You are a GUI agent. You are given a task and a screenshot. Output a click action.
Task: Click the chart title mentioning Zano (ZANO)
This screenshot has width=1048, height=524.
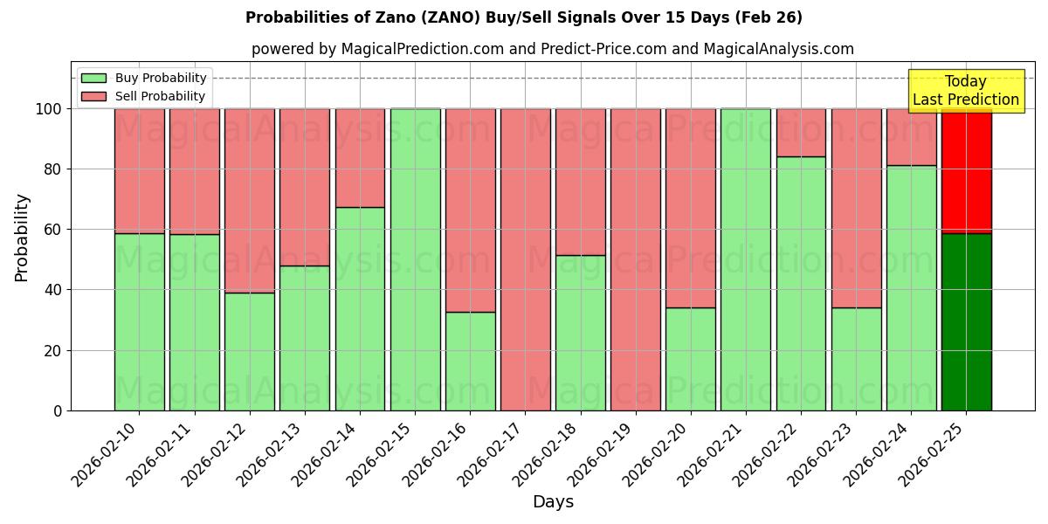tap(523, 17)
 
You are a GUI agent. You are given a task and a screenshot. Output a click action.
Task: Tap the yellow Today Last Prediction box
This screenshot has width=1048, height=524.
tap(965, 91)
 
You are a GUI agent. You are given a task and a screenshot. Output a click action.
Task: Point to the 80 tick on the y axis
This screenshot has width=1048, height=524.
tap(52, 169)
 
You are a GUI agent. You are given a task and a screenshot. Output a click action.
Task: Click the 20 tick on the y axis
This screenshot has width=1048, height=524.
tap(52, 351)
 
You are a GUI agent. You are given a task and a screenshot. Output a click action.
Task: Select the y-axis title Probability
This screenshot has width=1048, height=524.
tap(22, 238)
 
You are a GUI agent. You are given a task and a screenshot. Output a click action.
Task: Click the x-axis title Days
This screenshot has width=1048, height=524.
tap(553, 502)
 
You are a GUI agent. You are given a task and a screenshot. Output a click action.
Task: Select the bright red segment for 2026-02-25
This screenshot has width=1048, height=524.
tap(966, 171)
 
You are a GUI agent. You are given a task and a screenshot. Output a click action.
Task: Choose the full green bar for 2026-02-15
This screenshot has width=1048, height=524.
tap(415, 259)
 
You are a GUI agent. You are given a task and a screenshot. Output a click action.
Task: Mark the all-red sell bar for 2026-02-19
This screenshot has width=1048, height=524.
tap(636, 259)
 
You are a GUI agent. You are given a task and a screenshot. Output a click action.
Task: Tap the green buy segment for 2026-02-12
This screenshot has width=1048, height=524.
tap(250, 351)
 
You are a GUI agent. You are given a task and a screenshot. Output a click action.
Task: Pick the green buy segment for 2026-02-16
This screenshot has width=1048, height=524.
tap(470, 361)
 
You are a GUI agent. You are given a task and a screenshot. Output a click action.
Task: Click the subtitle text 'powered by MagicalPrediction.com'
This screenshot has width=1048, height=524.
tap(377, 49)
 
